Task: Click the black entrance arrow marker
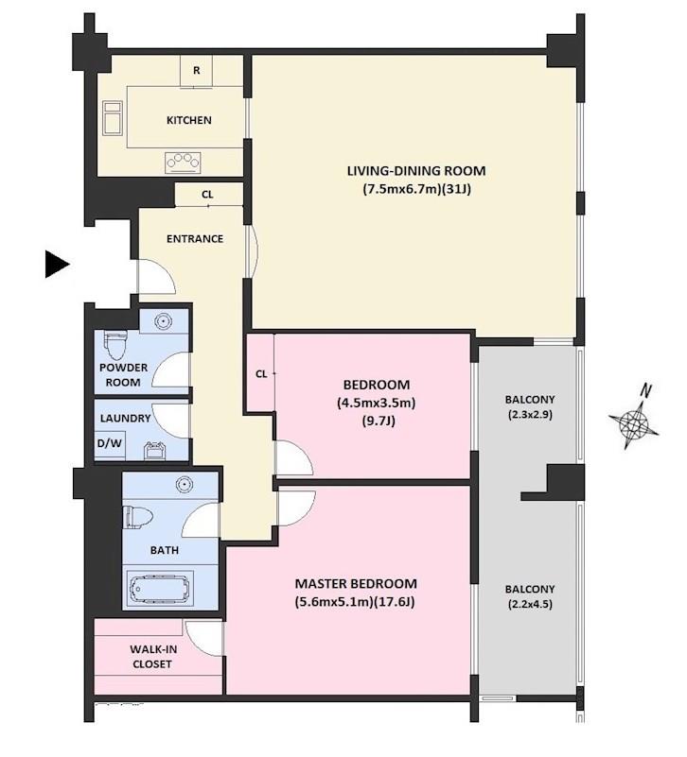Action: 57,264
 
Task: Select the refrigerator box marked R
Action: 196,71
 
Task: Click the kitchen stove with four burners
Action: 183,163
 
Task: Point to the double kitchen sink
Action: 113,117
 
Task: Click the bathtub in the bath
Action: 160,589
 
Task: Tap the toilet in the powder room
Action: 115,344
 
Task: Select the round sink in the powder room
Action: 164,321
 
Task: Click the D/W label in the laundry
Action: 110,442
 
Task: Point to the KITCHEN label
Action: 189,120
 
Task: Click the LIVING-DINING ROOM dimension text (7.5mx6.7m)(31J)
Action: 416,189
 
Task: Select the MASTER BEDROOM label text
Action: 356,584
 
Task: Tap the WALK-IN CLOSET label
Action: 152,657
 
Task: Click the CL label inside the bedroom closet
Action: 261,373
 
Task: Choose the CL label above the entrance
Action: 207,195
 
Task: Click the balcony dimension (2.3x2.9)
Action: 530,414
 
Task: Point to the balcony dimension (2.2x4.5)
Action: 530,604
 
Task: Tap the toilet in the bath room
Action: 138,517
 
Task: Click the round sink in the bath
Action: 184,484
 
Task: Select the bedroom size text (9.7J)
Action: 379,421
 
